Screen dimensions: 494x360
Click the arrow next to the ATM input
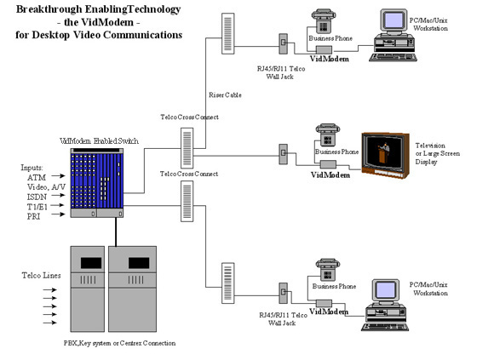tap(58, 175)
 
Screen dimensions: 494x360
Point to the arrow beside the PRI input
tap(58, 214)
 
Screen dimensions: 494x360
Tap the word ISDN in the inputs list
tap(37, 197)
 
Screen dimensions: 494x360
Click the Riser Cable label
tap(225, 95)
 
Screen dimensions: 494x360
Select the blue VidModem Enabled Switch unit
tap(97, 183)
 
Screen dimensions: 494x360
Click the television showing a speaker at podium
tap(385, 155)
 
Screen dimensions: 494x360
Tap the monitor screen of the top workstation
tap(393, 20)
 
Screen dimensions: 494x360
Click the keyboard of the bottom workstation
tap(385, 327)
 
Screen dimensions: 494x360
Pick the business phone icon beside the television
tap(328, 135)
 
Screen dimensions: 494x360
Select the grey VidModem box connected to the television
tap(328, 164)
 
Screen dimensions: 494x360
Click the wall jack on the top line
tap(284, 43)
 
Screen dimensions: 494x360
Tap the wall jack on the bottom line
tap(284, 293)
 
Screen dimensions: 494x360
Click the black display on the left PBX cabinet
tap(91, 263)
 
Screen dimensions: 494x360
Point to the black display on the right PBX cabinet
tap(139, 263)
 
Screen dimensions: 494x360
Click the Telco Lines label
tap(41, 276)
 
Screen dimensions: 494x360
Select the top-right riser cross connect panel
tap(227, 34)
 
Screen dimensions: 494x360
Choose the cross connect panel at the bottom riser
tap(227, 283)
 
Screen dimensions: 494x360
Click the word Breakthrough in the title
tap(49, 9)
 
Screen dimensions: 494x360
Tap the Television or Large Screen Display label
tap(437, 153)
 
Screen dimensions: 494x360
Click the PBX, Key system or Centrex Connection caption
tap(120, 343)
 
